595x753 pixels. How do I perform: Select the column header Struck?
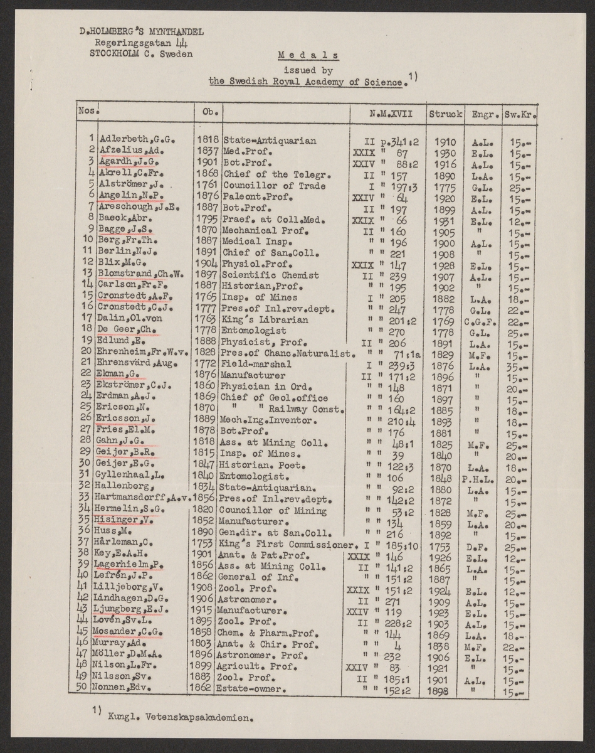(446, 114)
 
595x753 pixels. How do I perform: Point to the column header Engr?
(484, 114)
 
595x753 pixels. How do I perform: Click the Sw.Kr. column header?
(519, 114)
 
